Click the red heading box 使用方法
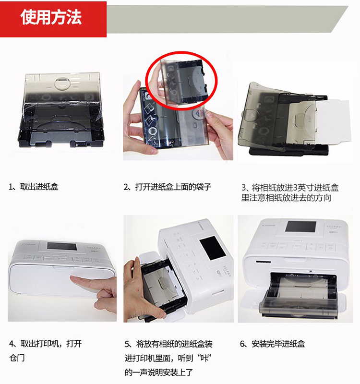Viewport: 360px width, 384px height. (53, 19)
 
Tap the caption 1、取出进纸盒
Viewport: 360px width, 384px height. (34, 187)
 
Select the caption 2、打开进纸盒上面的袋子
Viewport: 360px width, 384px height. (167, 187)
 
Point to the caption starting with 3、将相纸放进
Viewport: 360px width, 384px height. (290, 192)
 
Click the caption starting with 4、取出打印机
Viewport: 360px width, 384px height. (45, 350)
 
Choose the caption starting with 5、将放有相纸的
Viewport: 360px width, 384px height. (168, 358)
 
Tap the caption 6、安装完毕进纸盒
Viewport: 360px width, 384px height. (272, 344)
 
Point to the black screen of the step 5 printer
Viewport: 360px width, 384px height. (213, 248)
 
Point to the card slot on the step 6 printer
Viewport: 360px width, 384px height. (263, 262)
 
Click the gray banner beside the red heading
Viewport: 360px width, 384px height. (227, 19)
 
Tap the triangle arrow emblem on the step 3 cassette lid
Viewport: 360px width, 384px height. (250, 114)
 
